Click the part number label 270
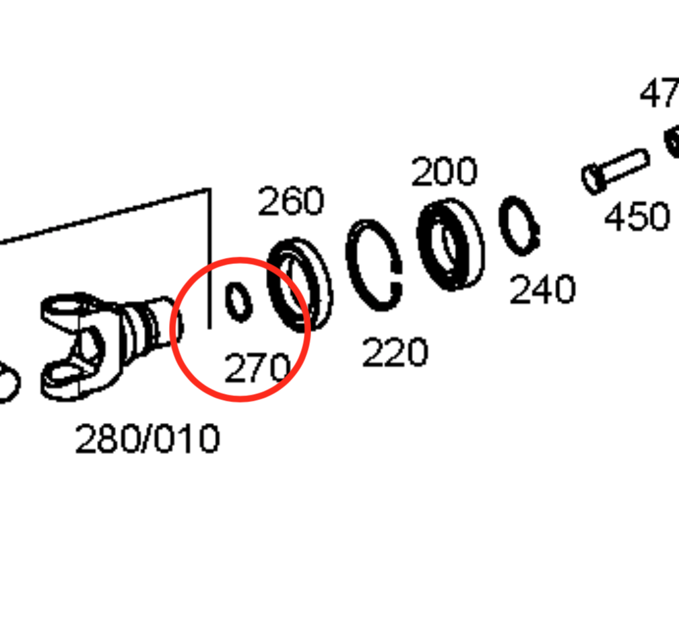pos(257,368)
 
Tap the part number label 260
pos(291,201)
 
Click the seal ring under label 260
pos(300,285)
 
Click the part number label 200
pos(444,172)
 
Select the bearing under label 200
pos(450,244)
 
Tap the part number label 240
pos(542,290)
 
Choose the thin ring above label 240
pos(519,225)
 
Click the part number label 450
pos(637,217)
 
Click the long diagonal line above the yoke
pos(101,216)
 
